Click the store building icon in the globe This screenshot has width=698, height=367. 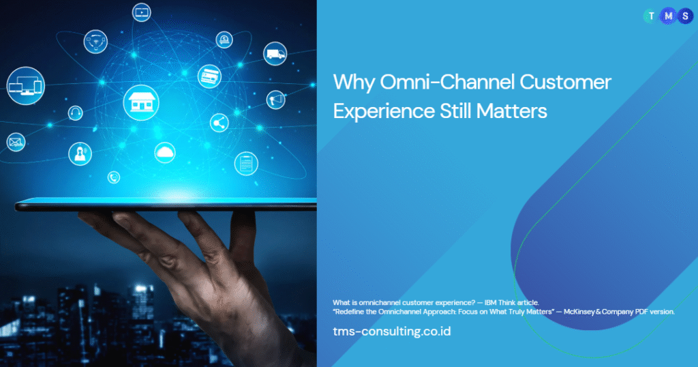[141, 102]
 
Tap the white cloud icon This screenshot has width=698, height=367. [165, 153]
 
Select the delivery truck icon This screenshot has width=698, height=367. [275, 54]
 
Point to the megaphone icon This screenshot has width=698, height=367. [275, 100]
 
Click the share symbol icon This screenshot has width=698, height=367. [219, 123]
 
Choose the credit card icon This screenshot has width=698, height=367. [210, 76]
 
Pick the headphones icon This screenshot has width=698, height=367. [75, 113]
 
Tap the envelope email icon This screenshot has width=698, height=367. [16, 142]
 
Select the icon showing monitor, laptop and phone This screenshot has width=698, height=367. [26, 86]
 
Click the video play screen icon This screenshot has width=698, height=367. [142, 12]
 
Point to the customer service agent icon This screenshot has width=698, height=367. [80, 153]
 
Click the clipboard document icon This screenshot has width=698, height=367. [246, 164]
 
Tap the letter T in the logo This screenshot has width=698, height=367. [651, 16]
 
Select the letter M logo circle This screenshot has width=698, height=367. [668, 16]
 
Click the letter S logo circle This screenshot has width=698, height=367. [685, 16]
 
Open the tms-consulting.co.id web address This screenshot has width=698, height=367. [392, 332]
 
